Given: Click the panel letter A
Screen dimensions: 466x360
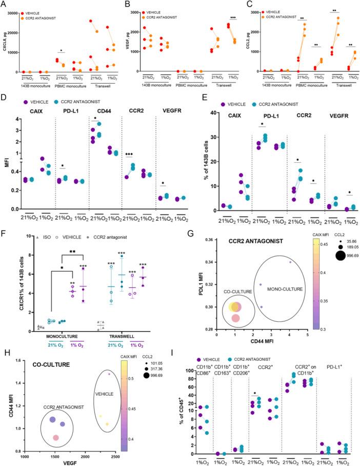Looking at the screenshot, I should (x=5, y=5).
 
